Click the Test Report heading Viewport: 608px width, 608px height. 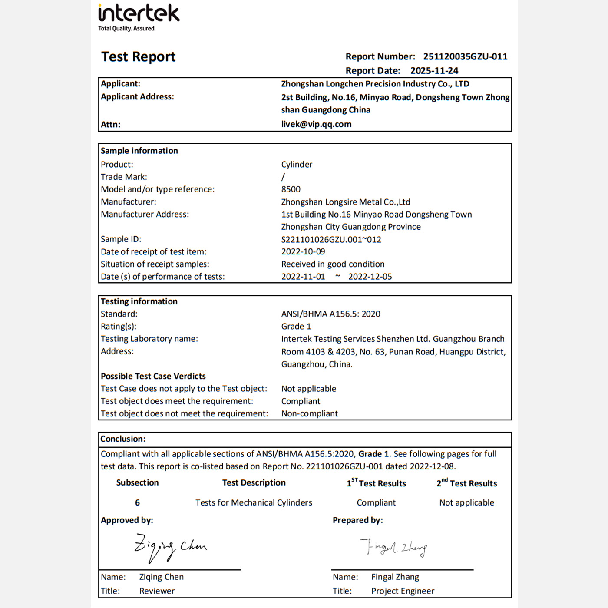tap(138, 57)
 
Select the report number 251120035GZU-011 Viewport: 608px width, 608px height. tap(465, 56)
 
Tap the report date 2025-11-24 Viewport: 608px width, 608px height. tap(434, 71)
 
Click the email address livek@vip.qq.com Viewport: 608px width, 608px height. tap(316, 124)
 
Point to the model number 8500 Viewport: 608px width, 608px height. tap(291, 189)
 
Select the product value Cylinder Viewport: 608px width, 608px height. tap(297, 165)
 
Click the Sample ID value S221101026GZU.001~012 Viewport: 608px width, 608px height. tap(331, 239)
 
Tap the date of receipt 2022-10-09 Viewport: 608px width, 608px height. tap(303, 252)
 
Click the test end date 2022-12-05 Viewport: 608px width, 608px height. tap(370, 277)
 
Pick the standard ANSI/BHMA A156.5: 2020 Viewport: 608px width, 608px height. tap(330, 314)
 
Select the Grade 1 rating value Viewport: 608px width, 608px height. tap(296, 327)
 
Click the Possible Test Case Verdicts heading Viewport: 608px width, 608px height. tap(153, 376)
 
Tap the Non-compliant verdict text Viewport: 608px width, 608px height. tap(310, 414)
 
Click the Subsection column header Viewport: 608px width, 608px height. tap(137, 483)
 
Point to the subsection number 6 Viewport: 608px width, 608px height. tap(137, 503)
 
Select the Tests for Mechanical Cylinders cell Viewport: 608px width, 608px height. tap(254, 503)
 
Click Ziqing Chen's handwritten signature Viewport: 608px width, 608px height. tap(170, 547)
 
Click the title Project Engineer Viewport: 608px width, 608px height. tap(403, 591)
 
